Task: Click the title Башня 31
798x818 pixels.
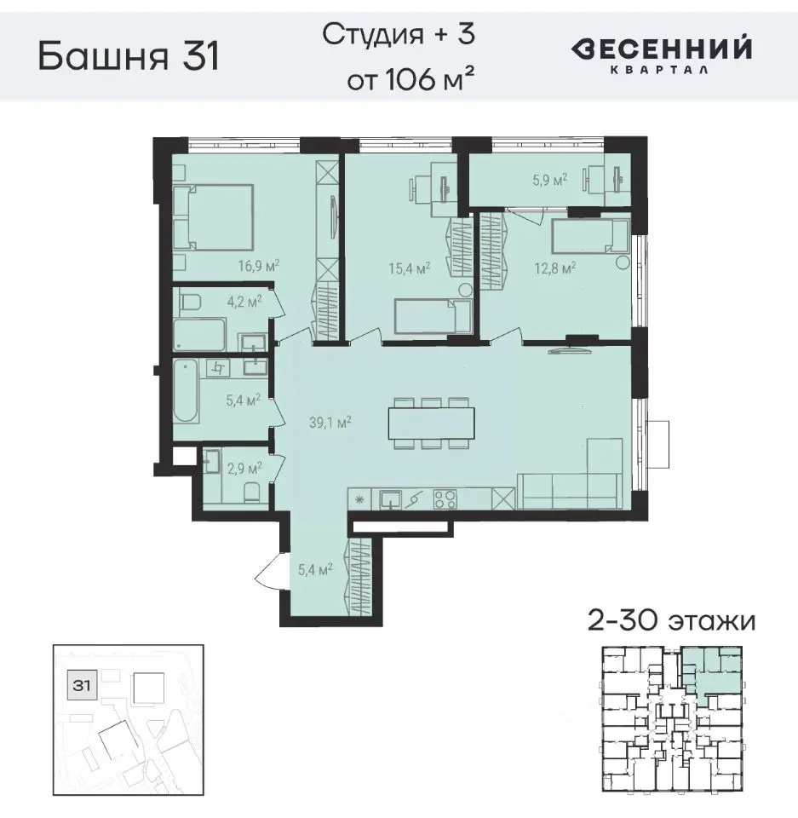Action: [x=129, y=57]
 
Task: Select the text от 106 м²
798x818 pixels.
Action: [x=410, y=81]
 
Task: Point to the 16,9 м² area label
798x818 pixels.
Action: [x=259, y=265]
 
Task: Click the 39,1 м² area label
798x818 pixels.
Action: [x=332, y=420]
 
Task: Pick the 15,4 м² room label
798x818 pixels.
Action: [x=409, y=268]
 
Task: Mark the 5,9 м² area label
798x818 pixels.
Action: [x=548, y=180]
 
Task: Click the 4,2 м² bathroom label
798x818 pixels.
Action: [x=244, y=300]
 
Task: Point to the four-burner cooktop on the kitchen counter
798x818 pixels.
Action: [x=445, y=498]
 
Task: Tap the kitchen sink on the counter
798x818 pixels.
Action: [x=390, y=498]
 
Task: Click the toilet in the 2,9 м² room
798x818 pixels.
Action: [x=250, y=493]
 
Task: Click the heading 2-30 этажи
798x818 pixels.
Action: [x=672, y=620]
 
